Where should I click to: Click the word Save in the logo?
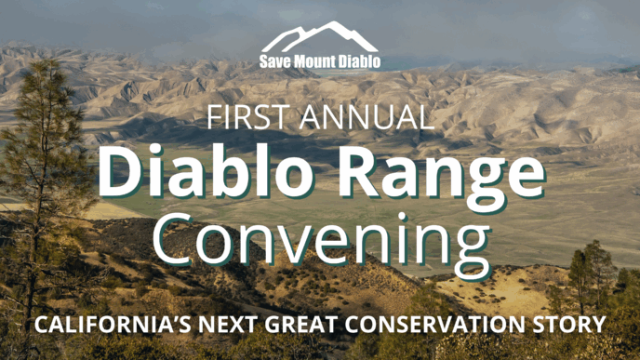pos(276,63)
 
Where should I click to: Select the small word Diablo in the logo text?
pos(358,63)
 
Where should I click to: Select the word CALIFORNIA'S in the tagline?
pos(104,326)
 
